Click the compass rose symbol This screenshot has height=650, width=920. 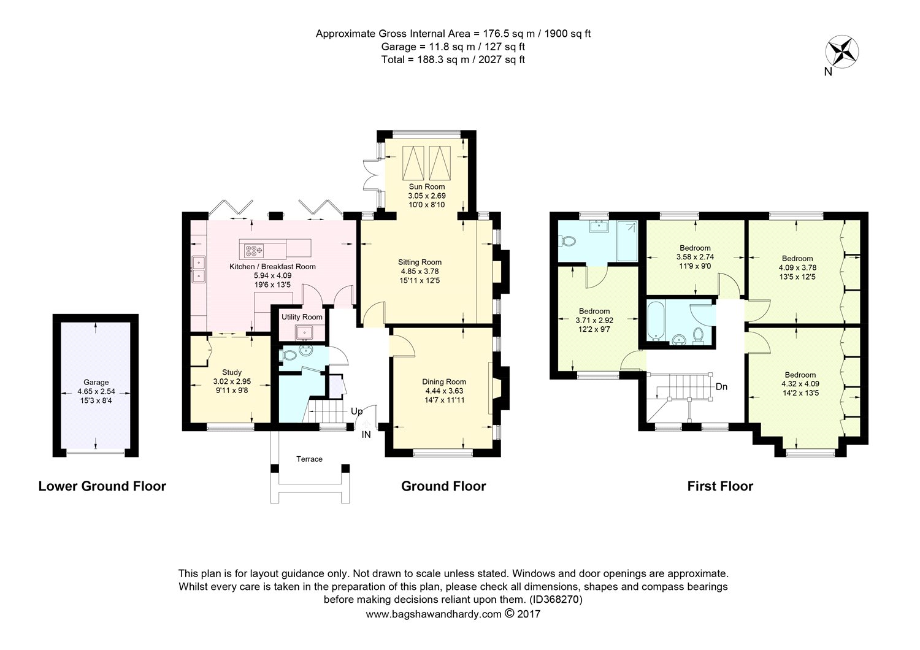[843, 50]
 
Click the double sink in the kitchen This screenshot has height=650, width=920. [199, 269]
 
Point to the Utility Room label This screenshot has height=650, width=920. [302, 317]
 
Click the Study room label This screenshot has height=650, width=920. [232, 372]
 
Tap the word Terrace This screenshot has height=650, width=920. [309, 459]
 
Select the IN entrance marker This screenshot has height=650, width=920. [366, 435]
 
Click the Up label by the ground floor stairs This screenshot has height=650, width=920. [356, 411]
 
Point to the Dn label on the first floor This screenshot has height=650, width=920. [722, 387]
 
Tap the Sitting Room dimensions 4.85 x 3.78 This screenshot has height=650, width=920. [420, 271]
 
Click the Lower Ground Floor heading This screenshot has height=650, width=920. [102, 486]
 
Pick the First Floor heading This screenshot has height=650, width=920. [719, 486]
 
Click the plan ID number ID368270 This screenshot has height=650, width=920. [554, 599]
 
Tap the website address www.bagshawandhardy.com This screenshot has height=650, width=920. [434, 614]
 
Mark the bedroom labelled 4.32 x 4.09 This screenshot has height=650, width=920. [800, 384]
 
